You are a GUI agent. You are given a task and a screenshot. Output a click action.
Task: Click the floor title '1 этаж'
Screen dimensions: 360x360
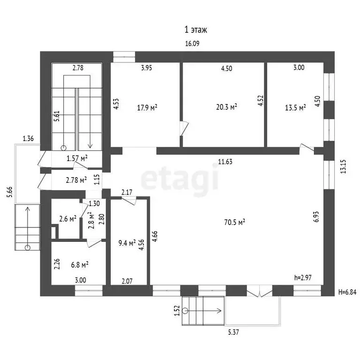196,30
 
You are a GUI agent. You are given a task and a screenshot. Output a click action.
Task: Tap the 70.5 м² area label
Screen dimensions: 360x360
234,222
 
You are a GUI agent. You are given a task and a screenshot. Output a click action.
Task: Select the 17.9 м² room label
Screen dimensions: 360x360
147,107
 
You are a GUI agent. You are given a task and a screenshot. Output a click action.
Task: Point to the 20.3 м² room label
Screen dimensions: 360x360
226,107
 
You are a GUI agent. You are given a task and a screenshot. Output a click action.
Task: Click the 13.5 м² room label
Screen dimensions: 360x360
295,107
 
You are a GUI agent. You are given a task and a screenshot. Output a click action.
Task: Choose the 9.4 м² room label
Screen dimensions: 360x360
127,243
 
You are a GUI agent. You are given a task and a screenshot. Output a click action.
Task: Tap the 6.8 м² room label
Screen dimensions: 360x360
80,265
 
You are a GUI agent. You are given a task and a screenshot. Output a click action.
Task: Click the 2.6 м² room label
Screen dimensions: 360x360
67,219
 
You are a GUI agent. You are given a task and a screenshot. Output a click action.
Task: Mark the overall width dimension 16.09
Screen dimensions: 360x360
192,44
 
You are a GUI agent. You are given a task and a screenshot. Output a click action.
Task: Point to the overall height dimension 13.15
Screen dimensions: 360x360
343,166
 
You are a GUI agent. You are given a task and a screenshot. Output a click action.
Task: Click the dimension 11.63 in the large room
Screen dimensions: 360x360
225,162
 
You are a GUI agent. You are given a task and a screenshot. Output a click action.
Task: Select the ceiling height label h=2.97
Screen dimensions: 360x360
303,277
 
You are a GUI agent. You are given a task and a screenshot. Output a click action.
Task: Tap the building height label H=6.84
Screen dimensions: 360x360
347,292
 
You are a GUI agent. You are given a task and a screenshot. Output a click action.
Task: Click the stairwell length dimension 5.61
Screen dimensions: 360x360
57,116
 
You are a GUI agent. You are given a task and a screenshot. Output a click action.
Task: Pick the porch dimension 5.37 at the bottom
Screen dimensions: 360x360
233,332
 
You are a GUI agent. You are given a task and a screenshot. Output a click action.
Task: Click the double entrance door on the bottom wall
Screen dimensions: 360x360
259,291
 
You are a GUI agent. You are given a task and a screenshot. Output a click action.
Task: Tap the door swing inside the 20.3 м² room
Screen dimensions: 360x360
184,128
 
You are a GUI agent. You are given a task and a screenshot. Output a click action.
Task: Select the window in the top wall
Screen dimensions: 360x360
124,57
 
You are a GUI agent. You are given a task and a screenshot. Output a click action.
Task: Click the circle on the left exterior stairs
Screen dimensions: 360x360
28,247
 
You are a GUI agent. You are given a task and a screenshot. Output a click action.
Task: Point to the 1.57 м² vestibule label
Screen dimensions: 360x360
77,158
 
